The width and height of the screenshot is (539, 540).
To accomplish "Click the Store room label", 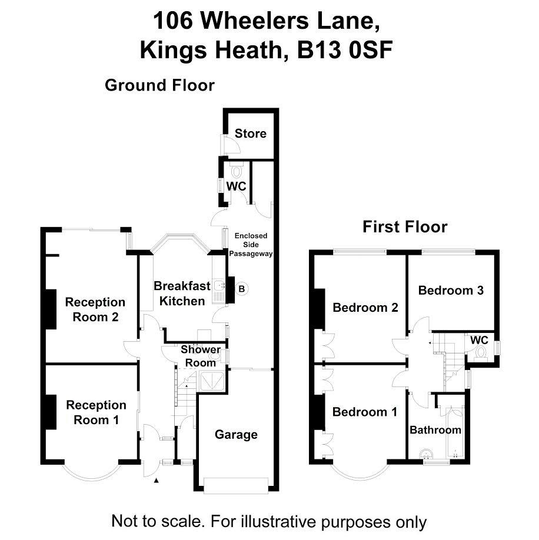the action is click(x=251, y=134).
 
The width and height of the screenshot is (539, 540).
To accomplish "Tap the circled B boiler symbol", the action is click(x=242, y=289).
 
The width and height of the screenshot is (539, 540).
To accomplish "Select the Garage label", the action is click(x=236, y=435).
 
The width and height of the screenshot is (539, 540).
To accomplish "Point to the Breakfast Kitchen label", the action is click(x=182, y=294).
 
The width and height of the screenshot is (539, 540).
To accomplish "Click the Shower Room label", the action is click(x=201, y=356).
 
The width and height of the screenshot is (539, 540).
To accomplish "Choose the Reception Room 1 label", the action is click(x=96, y=412).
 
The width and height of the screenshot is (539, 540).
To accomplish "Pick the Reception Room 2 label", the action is click(x=95, y=309).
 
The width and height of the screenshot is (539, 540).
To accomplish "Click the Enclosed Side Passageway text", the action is click(x=251, y=245).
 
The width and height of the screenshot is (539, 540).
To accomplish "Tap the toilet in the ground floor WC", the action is click(x=237, y=171).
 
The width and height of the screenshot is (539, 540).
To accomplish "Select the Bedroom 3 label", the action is click(x=451, y=291).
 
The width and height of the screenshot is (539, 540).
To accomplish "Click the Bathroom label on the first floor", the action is click(x=435, y=430).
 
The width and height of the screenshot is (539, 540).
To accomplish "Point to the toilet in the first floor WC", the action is click(x=481, y=354).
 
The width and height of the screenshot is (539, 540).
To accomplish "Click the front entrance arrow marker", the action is click(x=156, y=481).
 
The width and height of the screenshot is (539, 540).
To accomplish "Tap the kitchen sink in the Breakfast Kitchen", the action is click(x=219, y=286).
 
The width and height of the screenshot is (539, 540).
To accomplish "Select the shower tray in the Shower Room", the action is click(x=212, y=381).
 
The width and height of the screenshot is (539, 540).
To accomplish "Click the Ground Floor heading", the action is click(x=160, y=85).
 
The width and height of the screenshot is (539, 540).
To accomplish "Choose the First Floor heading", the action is click(x=405, y=227).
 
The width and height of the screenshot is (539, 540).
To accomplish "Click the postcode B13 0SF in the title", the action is click(x=345, y=50).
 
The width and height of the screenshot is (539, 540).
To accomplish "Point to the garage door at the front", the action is click(x=236, y=485).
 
